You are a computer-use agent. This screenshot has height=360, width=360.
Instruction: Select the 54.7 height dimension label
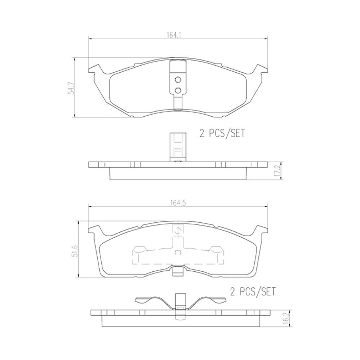point(71,87)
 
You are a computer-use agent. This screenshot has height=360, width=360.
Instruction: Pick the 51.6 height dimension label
point(73,250)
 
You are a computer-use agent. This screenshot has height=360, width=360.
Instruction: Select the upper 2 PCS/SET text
point(222,133)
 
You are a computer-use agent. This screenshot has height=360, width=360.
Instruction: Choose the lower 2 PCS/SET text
point(253,292)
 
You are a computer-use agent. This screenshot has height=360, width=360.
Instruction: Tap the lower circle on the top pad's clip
point(178,91)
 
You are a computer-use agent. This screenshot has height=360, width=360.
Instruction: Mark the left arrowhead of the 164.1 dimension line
point(90,39)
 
